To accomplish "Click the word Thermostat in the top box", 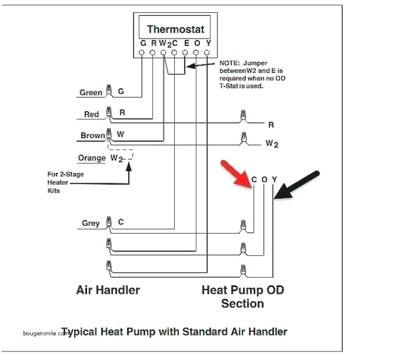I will coord(175,29).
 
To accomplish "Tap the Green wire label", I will coord(91,93).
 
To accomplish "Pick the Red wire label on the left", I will coord(91,115).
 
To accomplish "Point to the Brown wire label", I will coord(92,136).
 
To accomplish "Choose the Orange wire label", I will coord(92,158).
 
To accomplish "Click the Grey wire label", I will coord(91,223).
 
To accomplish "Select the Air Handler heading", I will coord(108,289).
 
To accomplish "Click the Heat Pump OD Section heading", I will coord(243,296).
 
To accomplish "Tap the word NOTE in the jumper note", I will coord(230,63).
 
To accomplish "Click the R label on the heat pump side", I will coord(271,124).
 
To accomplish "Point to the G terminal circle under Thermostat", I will coord(142,53).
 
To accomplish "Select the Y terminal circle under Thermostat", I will coord(208,53).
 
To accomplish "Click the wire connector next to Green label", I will coord(109,91).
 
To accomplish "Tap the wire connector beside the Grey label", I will coord(109,223).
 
